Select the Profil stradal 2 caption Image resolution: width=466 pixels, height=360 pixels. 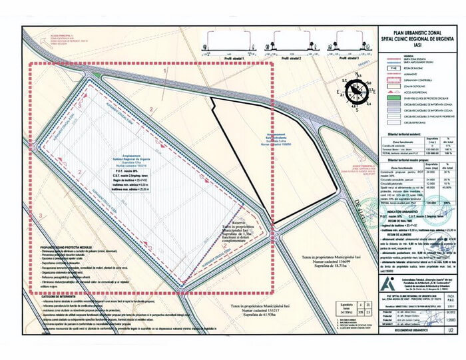pyautogui.click(x=293, y=59)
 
